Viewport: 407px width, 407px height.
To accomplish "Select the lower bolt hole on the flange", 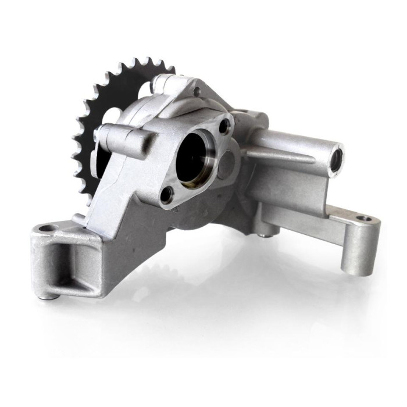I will [167, 193].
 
